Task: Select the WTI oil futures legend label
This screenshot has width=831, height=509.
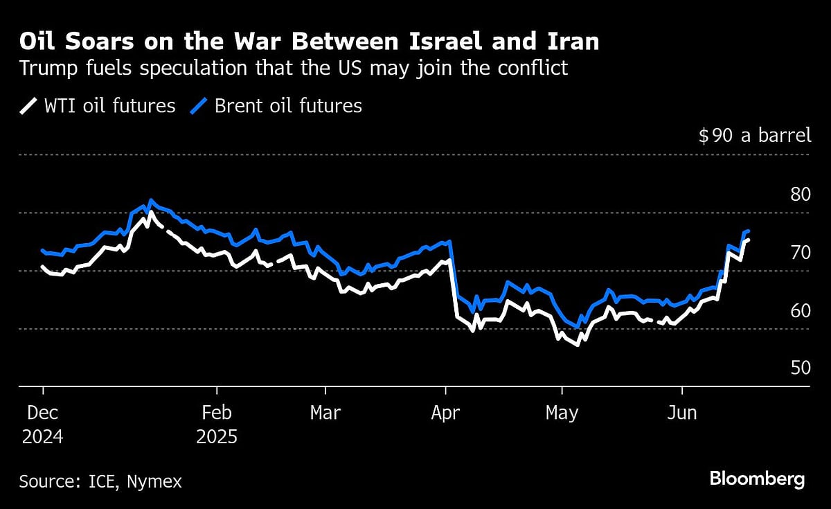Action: [x=109, y=106]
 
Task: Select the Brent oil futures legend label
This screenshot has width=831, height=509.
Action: [x=288, y=106]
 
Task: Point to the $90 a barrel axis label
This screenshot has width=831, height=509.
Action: [x=755, y=135]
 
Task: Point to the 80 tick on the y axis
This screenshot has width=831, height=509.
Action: [x=800, y=194]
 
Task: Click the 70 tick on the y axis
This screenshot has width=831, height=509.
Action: [x=800, y=252]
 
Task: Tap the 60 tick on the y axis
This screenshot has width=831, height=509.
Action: [x=800, y=310]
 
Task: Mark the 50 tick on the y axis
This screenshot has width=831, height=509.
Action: [x=800, y=368]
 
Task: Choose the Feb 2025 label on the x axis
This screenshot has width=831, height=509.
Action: [x=217, y=425]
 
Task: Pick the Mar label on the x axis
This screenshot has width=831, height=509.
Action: [x=325, y=413]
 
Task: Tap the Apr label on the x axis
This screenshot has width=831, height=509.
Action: [x=445, y=413]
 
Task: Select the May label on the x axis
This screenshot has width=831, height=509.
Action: [x=562, y=413]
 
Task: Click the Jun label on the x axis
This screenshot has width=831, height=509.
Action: [x=682, y=413]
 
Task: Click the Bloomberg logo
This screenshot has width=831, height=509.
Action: [x=757, y=479]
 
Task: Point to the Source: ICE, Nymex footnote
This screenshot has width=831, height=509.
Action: [x=100, y=481]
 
